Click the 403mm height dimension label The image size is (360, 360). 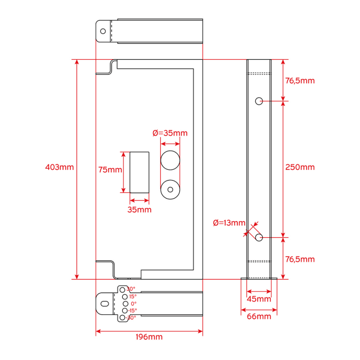[59, 167]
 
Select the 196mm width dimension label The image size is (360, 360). [150, 337]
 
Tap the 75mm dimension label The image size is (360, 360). [110, 169]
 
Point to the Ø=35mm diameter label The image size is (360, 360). [170, 133]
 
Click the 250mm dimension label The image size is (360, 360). [300, 167]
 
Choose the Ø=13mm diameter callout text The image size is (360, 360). [229, 223]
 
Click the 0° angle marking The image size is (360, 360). [133, 303]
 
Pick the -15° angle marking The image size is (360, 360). [132, 310]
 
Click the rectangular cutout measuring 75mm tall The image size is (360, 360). [140, 172]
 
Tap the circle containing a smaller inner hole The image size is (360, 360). [170, 190]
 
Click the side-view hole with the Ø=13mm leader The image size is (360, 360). [259, 237]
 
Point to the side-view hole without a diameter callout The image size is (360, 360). [259, 101]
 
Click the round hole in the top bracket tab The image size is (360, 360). [103, 31]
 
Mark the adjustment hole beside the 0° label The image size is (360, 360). [125, 303]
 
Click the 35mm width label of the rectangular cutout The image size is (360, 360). [139, 209]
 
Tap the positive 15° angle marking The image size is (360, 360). [133, 296]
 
